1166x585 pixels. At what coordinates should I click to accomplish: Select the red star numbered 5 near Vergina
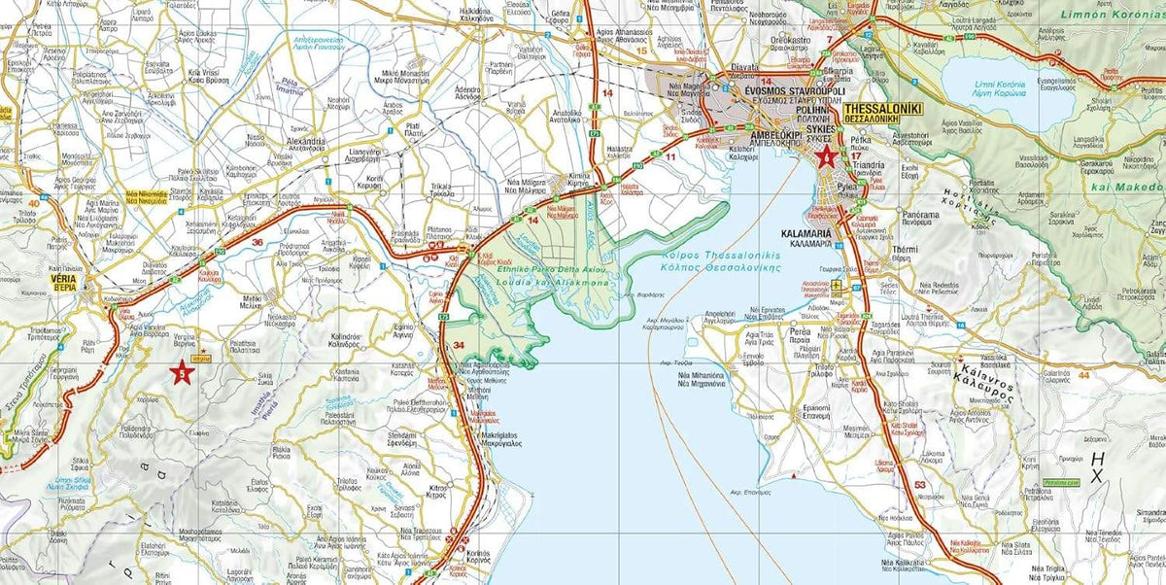click(181, 371)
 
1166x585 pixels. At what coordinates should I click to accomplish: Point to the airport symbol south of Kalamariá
click(839, 285)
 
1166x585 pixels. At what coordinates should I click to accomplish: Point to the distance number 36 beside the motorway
click(257, 242)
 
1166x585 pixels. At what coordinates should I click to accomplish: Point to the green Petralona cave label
click(1062, 481)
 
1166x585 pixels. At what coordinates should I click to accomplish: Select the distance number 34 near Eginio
click(459, 345)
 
